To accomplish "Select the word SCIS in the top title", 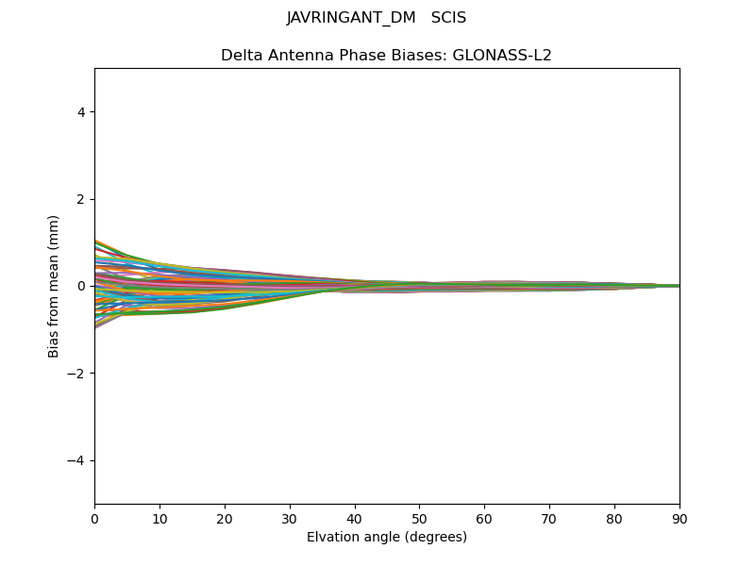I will click(x=448, y=18).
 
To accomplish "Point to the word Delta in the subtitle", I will click(x=241, y=56).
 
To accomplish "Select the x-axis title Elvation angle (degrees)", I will click(x=387, y=538).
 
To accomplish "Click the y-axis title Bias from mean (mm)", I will click(x=55, y=286).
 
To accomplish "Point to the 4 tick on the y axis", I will click(x=81, y=112).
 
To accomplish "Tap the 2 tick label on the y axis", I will click(x=81, y=199).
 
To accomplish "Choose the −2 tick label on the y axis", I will click(x=77, y=374).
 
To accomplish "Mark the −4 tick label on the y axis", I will click(x=77, y=460).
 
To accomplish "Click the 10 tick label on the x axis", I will click(x=159, y=519).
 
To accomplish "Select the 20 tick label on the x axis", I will click(x=225, y=519).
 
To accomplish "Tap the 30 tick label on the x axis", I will click(x=290, y=519).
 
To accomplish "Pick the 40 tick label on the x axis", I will click(x=355, y=519).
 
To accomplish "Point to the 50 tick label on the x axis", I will click(x=419, y=519).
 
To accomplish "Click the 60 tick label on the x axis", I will click(x=484, y=519).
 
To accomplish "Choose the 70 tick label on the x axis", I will click(x=549, y=519).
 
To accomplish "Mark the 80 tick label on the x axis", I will click(x=614, y=519).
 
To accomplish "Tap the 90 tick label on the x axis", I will click(x=679, y=519).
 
